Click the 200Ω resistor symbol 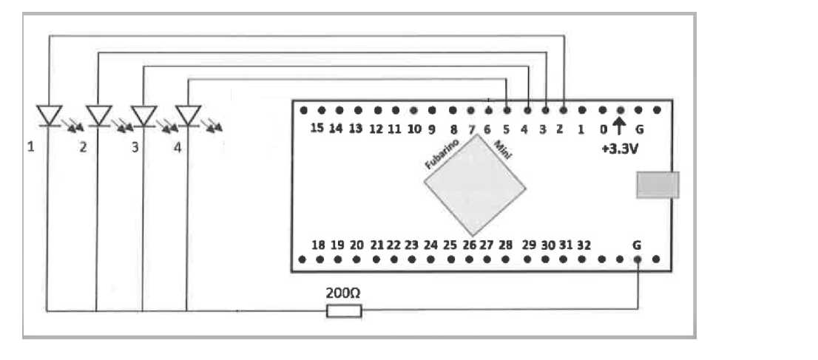[344, 310]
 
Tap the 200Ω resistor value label [344, 293]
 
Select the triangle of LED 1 [50, 115]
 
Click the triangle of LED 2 [98, 115]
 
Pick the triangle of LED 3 [143, 115]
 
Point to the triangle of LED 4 [188, 115]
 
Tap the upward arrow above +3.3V [620, 127]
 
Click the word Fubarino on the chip [443, 154]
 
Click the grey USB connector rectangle [657, 184]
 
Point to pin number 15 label [317, 129]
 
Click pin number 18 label [318, 245]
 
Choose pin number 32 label [584, 245]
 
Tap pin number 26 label [469, 245]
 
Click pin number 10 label [414, 129]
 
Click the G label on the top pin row [640, 129]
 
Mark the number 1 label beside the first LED [31, 147]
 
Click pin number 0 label [603, 129]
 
